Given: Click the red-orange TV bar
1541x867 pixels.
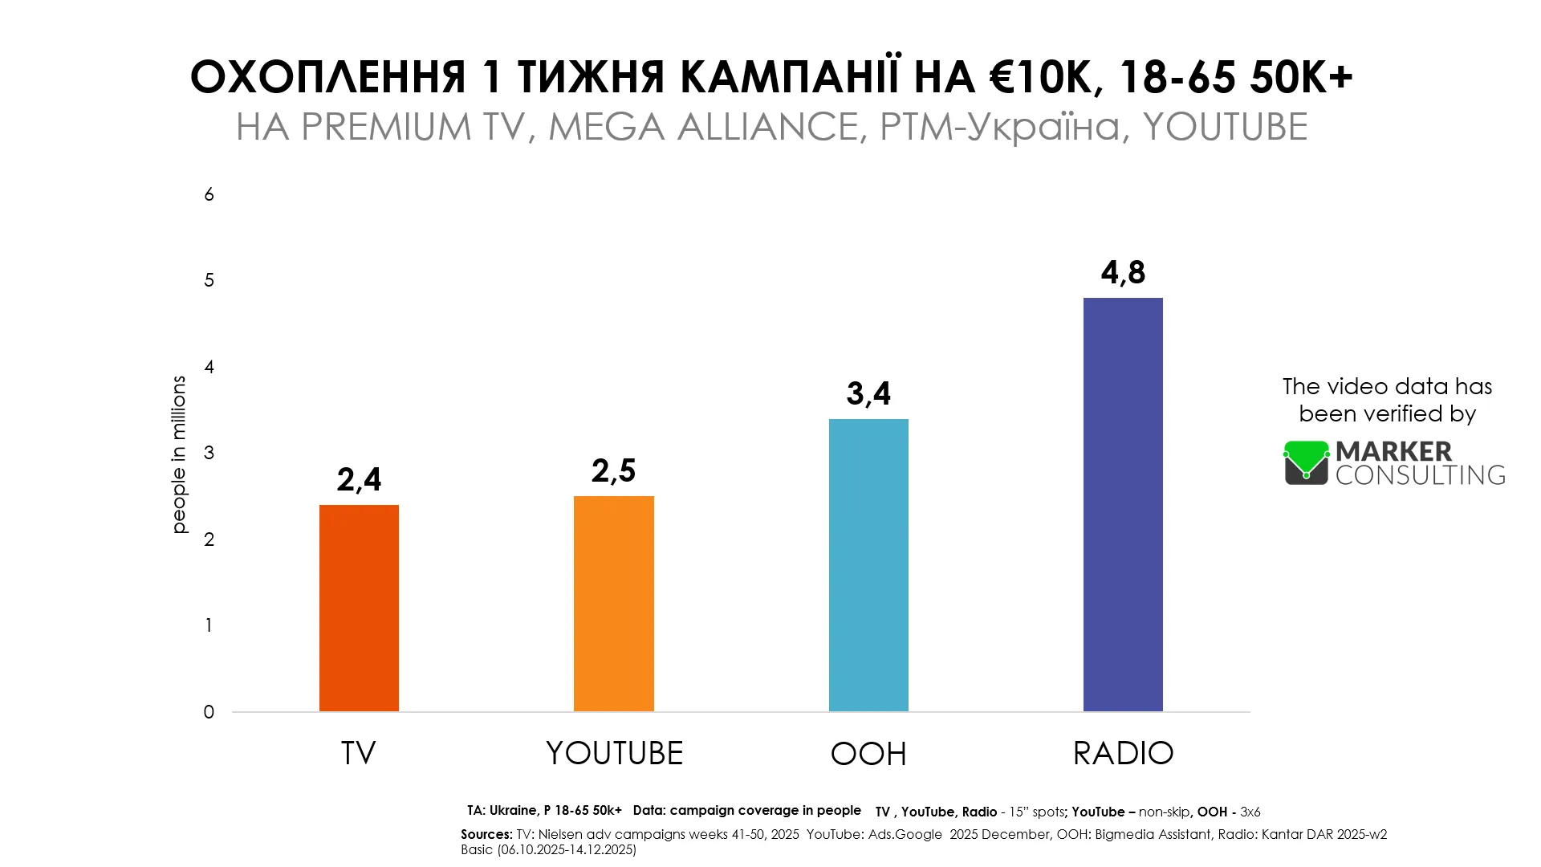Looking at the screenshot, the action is point(359,608).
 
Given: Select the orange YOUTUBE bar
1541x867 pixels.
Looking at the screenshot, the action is point(614,604).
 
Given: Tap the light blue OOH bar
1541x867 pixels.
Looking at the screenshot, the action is point(868,565).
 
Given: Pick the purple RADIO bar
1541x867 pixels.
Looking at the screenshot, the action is point(1123,504).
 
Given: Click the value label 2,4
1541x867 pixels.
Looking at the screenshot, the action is point(359,480).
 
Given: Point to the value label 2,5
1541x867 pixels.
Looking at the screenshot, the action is point(614,471).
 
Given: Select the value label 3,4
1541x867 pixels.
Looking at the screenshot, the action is point(868,394).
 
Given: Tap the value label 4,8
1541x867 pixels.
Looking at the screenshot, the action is point(1123,273).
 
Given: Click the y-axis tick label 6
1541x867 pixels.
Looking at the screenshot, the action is point(209,194).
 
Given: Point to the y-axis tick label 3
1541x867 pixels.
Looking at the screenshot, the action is point(209,453).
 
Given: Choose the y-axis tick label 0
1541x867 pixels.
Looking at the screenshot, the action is point(209,712).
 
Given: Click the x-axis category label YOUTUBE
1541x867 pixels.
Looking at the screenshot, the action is point(614,753).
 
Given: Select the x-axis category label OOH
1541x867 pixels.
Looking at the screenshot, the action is point(868,754).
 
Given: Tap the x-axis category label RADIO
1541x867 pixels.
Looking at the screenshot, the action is point(1123,753).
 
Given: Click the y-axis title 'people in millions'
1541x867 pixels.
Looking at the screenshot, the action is point(179,454).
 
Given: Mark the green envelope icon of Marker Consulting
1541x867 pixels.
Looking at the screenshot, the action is point(1307,462).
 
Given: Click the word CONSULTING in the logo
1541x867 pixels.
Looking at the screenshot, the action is point(1421,475).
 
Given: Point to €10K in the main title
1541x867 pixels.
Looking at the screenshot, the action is point(1041,77).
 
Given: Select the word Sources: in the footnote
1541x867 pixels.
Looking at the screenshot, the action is point(486,835).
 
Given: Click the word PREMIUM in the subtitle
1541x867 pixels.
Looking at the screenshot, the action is point(386,127).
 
